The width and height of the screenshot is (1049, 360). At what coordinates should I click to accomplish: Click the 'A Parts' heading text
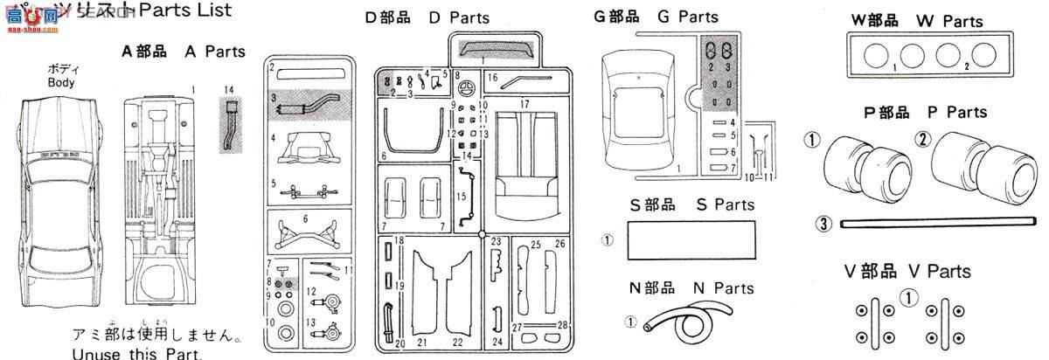(184, 52)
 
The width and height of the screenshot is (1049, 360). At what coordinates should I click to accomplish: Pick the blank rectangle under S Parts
(691, 239)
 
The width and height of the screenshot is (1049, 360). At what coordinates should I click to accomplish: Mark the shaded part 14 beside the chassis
(231, 126)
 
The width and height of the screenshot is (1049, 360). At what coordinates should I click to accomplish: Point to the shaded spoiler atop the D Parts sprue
(495, 50)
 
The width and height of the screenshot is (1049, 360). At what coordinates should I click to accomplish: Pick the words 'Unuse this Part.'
(138, 354)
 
